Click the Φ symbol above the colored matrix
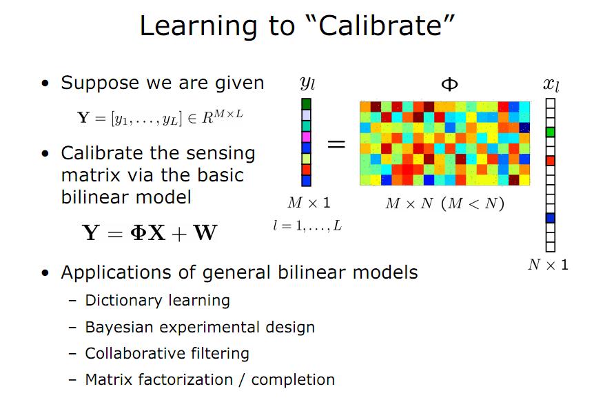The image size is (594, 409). (449, 85)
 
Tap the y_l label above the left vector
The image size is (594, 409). (307, 84)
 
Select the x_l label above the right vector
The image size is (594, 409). (550, 85)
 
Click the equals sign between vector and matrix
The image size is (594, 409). (336, 144)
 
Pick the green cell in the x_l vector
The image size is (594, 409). (550, 132)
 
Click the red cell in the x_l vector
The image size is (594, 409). (550, 161)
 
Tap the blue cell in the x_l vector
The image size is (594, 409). (550, 218)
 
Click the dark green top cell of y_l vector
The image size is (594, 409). (307, 104)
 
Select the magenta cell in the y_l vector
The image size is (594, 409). (307, 137)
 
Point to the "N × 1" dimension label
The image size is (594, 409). (548, 265)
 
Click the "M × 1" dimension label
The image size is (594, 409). (309, 203)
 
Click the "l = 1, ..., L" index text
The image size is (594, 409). (307, 226)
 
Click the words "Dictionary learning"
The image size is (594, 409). (157, 301)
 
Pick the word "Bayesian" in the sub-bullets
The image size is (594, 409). (118, 327)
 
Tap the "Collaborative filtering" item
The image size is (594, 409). (167, 353)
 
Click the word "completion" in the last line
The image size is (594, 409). (293, 379)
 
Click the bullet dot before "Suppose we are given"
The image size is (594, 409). (45, 85)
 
